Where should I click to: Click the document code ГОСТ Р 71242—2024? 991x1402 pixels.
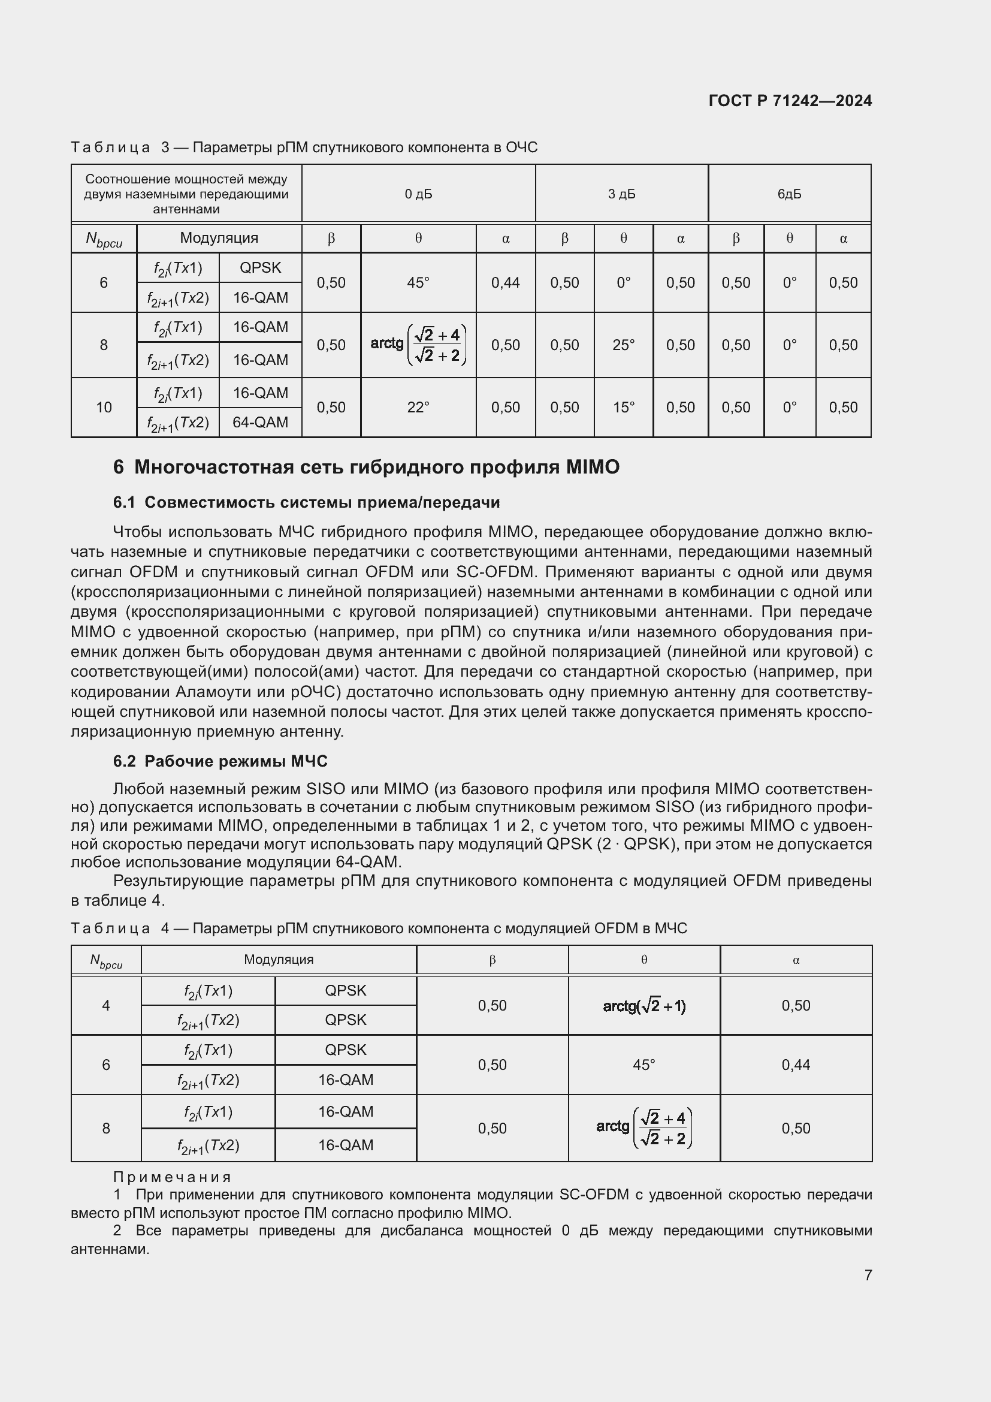790,101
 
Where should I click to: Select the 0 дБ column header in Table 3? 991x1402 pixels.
418,194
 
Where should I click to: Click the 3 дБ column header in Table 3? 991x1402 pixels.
621,194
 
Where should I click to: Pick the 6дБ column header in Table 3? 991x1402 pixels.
789,194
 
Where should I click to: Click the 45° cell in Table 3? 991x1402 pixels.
418,283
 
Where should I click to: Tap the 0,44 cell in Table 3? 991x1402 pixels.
505,283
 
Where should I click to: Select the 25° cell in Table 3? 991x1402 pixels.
623,345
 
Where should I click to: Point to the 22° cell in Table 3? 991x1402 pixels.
418,407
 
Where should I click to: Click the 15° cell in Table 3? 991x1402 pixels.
623,407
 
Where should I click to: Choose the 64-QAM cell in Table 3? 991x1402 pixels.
260,423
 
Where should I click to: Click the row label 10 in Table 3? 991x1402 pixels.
104,407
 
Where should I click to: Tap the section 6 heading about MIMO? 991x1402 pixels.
366,467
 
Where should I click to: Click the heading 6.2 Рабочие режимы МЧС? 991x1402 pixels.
220,761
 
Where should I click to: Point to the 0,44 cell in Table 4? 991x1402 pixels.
796,1065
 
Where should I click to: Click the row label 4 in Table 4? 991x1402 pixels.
106,1006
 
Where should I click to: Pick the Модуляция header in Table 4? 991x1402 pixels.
278,959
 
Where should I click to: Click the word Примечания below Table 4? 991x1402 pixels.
172,1177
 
